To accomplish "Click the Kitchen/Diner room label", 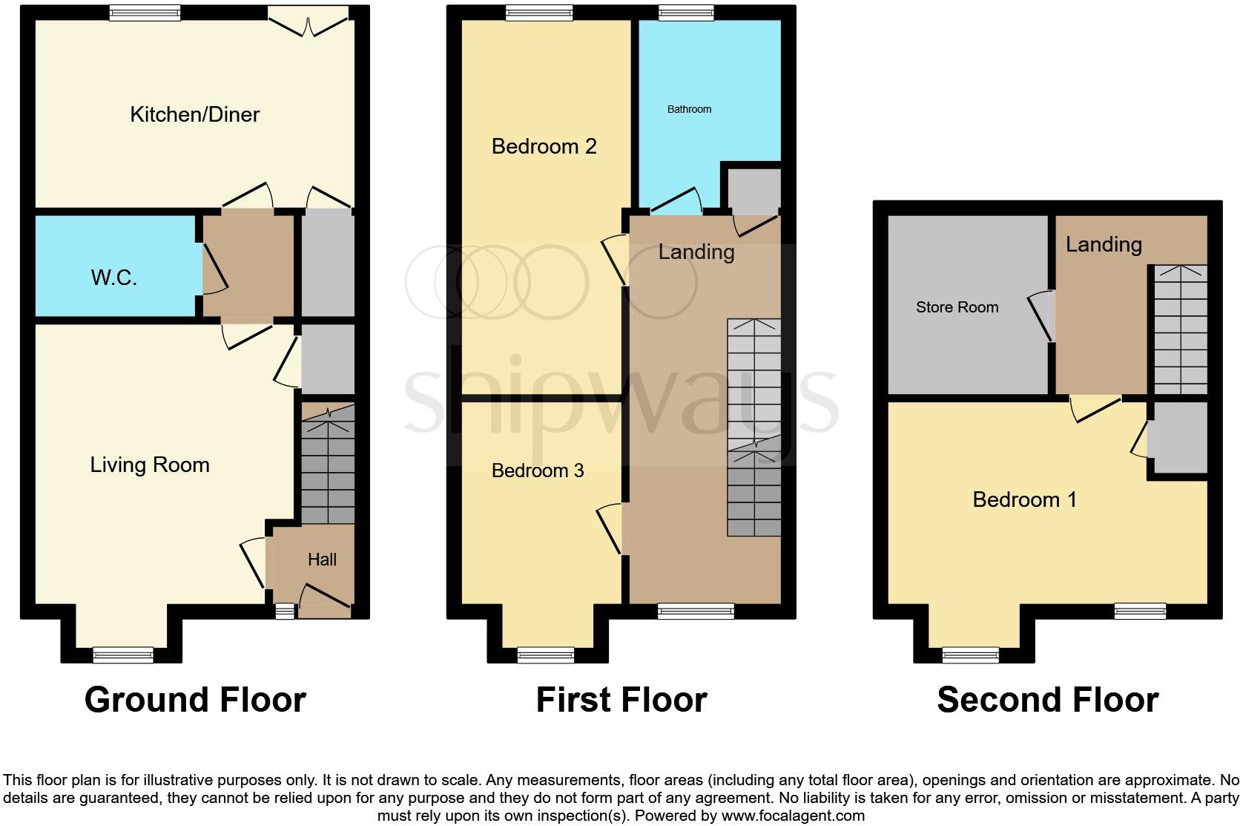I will pos(194,114).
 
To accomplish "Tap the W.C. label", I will pos(113,278).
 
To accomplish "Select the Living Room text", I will pos(150,465).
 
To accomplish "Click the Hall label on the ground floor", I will pos(322,560).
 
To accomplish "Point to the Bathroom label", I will pos(689,109).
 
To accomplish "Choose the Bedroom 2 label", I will pos(544,146).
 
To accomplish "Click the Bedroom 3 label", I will pos(538,471).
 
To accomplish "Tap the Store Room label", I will pos(957,307).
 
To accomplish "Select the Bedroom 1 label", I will pos(1024,499).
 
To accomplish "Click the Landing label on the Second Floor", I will pos(1103,244).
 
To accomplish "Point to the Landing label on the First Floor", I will pos(696,252).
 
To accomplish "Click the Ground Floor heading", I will pos(195,699).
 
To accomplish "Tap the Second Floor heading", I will pos(1047,699).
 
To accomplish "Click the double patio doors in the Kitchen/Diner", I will pos(309,21).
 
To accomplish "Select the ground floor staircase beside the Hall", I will pos(328,464).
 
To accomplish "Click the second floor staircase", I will pos(1178,330).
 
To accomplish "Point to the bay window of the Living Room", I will pos(123,655).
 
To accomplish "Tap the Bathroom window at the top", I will pos(686,12).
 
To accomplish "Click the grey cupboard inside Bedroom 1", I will pos(1178,438).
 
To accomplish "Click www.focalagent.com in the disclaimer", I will pos(792,816).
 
